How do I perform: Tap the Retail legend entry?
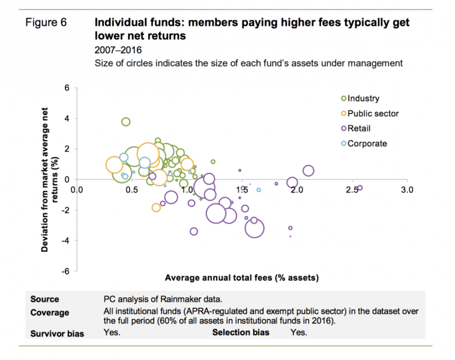click(x=358, y=128)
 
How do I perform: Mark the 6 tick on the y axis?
click(x=67, y=88)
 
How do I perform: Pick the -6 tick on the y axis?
click(x=65, y=271)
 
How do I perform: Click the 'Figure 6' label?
click(x=47, y=23)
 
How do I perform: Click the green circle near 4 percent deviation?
click(x=125, y=122)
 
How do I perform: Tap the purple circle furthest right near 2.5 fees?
click(x=360, y=187)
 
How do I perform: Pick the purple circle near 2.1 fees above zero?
click(x=309, y=171)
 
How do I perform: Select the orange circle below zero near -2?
click(x=157, y=208)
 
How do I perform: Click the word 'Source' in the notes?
click(x=46, y=299)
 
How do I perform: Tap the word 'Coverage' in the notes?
click(x=50, y=313)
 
